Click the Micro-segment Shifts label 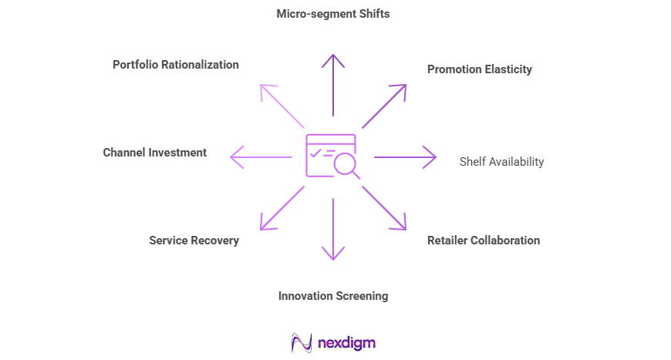click(333, 14)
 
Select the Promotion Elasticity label click(480, 69)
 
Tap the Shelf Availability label click(501, 162)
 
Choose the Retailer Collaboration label click(484, 241)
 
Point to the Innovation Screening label click(333, 296)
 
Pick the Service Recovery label click(194, 241)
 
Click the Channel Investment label click(155, 153)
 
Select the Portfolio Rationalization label click(176, 65)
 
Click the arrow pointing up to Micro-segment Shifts click(333, 85)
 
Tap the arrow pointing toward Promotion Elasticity click(383, 106)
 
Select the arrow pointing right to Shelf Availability click(405, 157)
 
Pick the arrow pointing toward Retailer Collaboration click(383, 207)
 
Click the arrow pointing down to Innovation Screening click(333, 229)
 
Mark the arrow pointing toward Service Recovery click(282, 207)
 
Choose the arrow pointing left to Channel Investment click(261, 157)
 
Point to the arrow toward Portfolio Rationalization click(282, 106)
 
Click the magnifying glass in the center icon click(345, 163)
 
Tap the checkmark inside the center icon click(315, 153)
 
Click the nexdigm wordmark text click(346, 342)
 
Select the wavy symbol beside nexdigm click(302, 342)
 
